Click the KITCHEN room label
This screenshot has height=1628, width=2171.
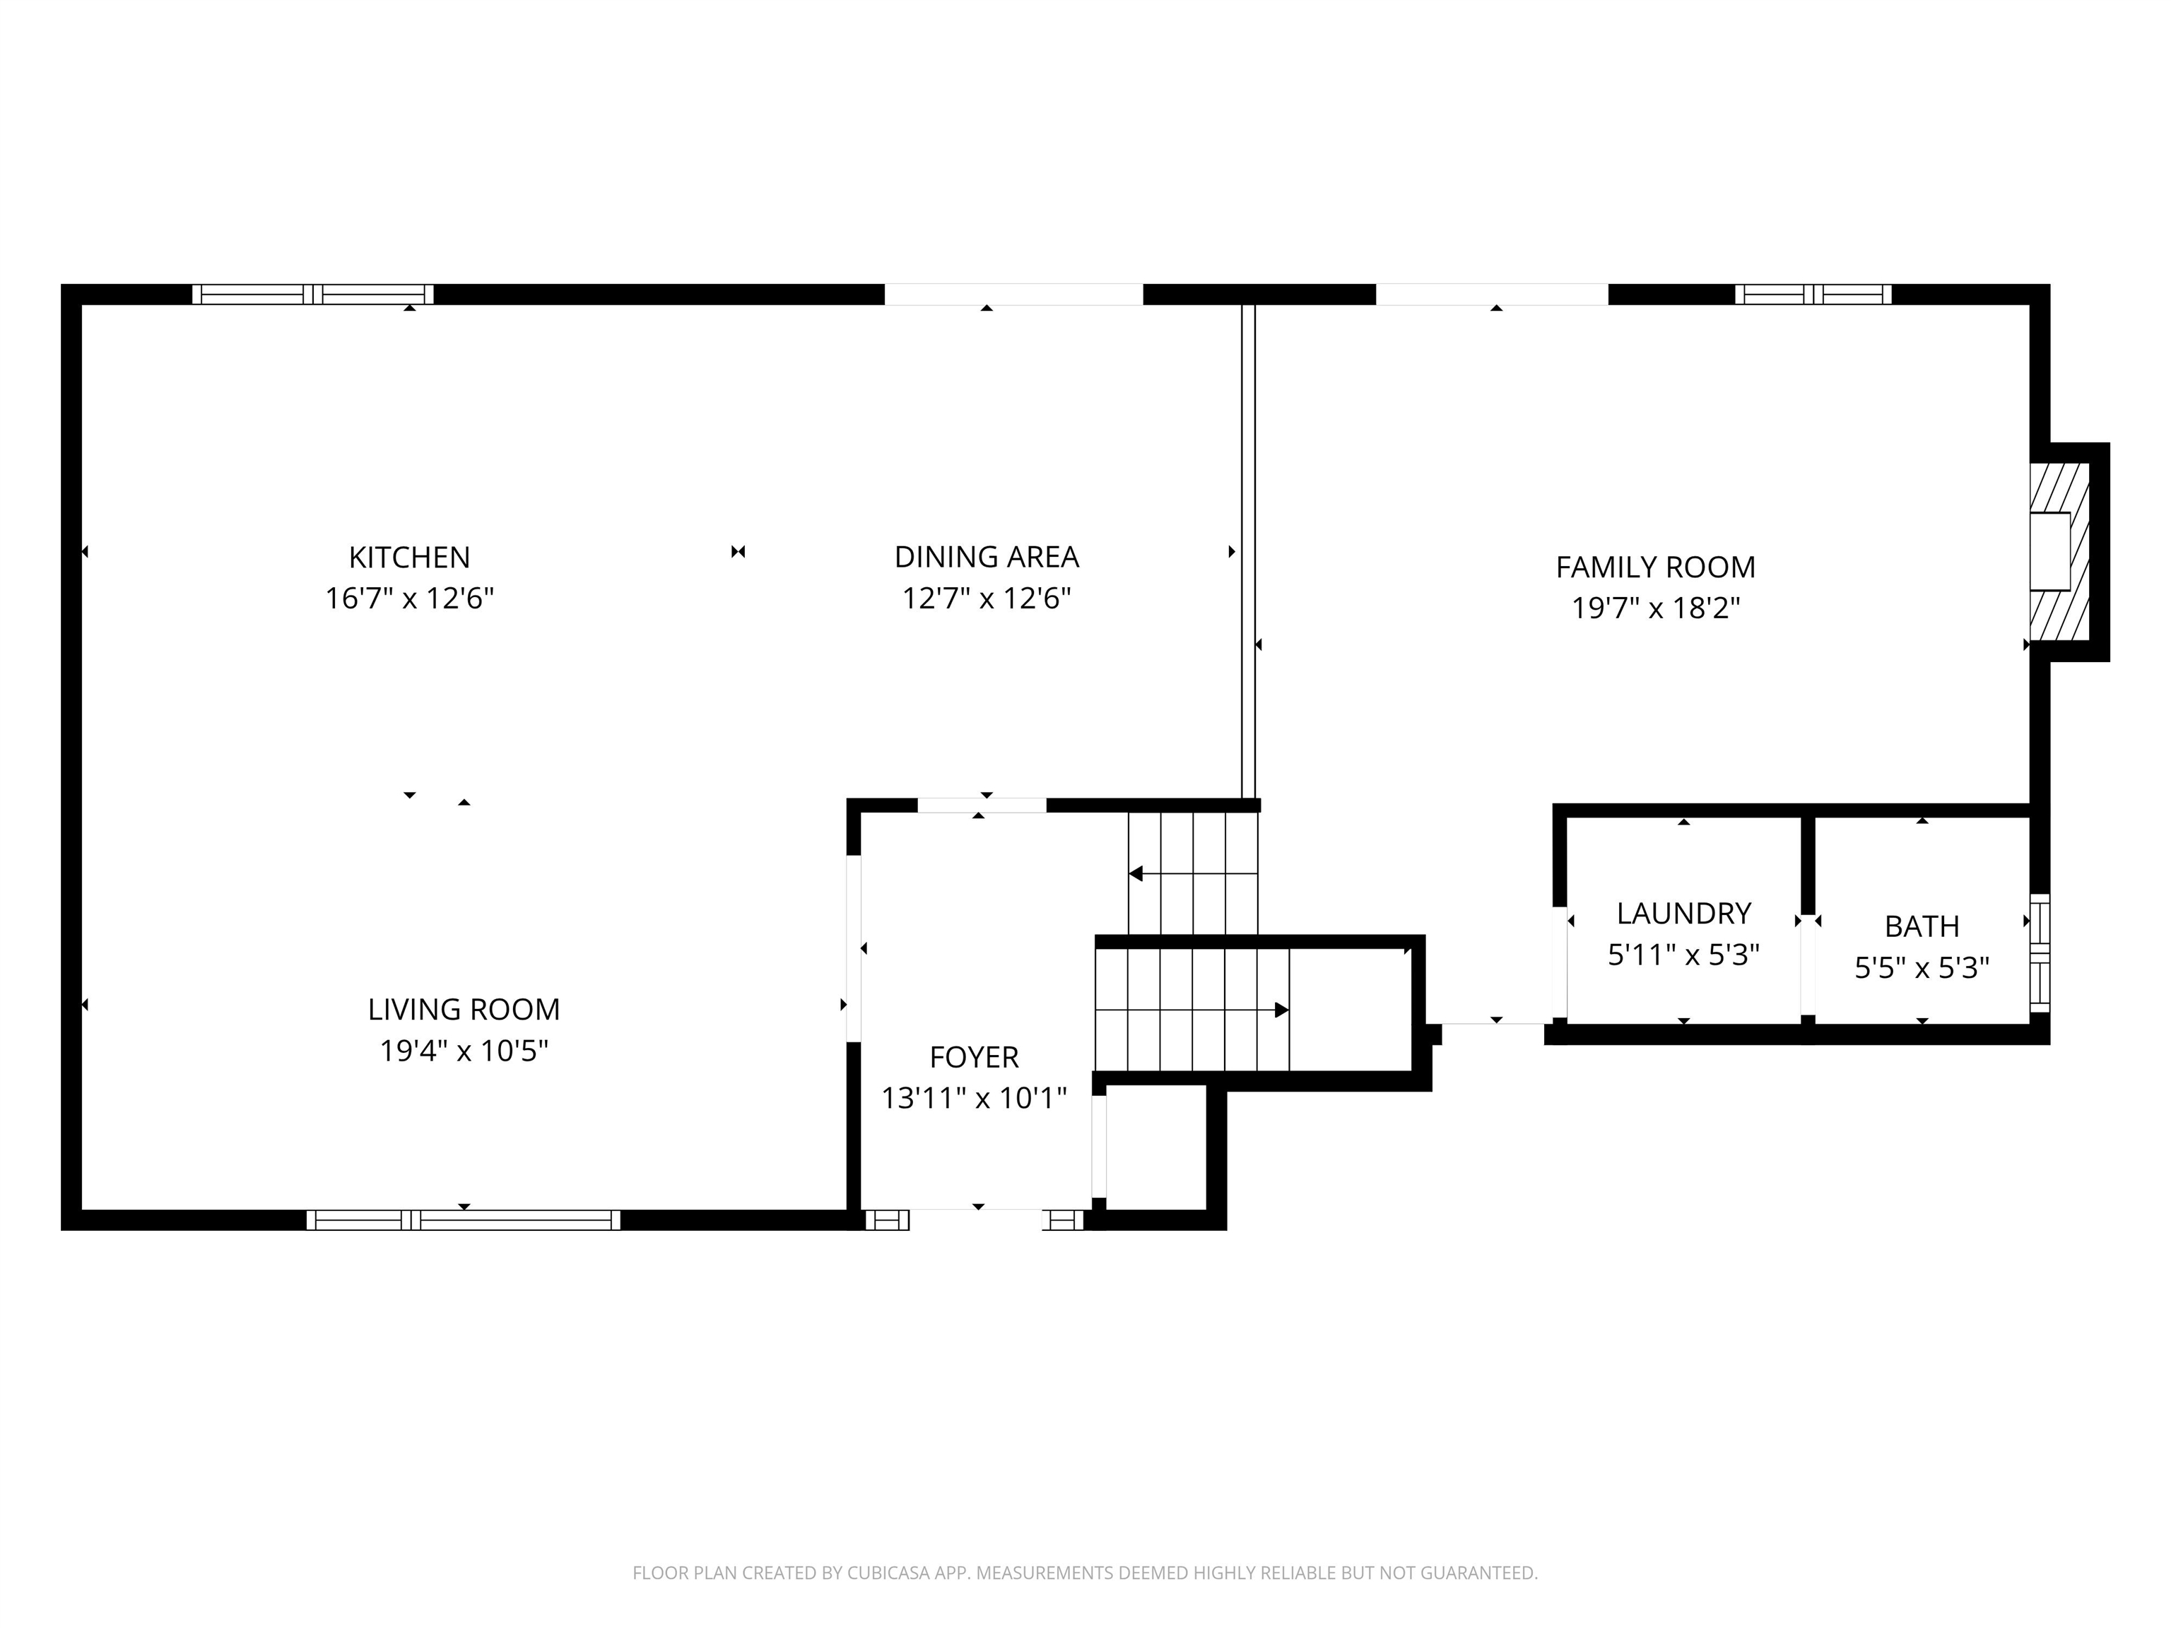coord(409,558)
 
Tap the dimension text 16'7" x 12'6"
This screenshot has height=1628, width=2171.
coord(409,598)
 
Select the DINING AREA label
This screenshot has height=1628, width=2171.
coord(987,558)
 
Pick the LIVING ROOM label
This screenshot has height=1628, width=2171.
coord(464,1009)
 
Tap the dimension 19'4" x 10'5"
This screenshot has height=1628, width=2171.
coord(464,1051)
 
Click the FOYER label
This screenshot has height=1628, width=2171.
coord(974,1057)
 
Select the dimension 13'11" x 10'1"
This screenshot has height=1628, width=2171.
coord(974,1098)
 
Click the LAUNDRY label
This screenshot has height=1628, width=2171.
coord(1683,914)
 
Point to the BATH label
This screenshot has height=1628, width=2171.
coord(1922,926)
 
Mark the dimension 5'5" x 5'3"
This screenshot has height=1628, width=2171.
coord(1922,969)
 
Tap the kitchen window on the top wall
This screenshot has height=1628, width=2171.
coord(312,295)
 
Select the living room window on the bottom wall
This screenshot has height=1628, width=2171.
coord(464,1220)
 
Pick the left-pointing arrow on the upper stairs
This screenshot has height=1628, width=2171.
coord(1136,873)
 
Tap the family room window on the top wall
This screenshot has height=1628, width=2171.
coord(1813,295)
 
